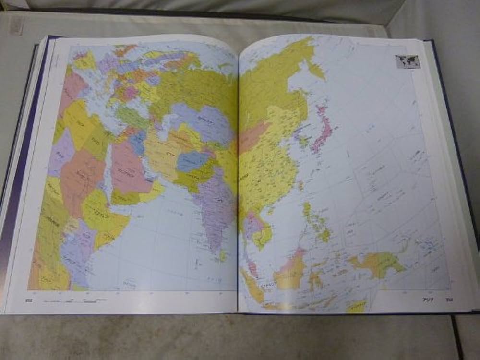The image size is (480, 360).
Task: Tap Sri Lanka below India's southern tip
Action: pos(223,256)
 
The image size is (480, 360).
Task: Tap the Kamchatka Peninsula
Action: pos(315,67)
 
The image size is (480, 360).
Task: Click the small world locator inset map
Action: pos(408,61)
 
